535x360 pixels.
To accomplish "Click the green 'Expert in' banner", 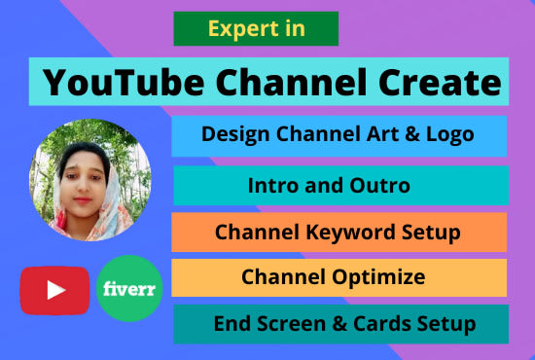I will [x=255, y=29].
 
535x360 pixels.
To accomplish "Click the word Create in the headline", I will [x=440, y=83].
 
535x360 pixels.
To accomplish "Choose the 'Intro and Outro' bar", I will [x=340, y=185].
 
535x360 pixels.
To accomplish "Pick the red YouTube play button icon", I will [x=55, y=289].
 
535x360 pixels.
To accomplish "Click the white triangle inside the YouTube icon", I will [x=55, y=289].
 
